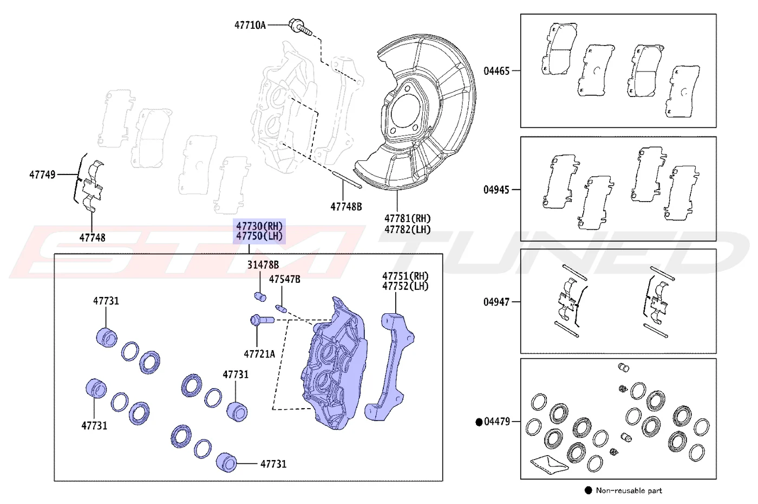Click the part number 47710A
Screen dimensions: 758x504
250,25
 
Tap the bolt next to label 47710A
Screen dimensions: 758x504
300,27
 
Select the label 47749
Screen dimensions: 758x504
42,175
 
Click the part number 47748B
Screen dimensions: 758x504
346,206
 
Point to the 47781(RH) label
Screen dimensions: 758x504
407,218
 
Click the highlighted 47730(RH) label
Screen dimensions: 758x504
259,226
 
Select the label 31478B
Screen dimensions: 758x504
263,264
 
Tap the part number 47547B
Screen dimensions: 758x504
285,279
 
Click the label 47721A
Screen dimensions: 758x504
259,354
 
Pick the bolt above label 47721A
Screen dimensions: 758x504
262,320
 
